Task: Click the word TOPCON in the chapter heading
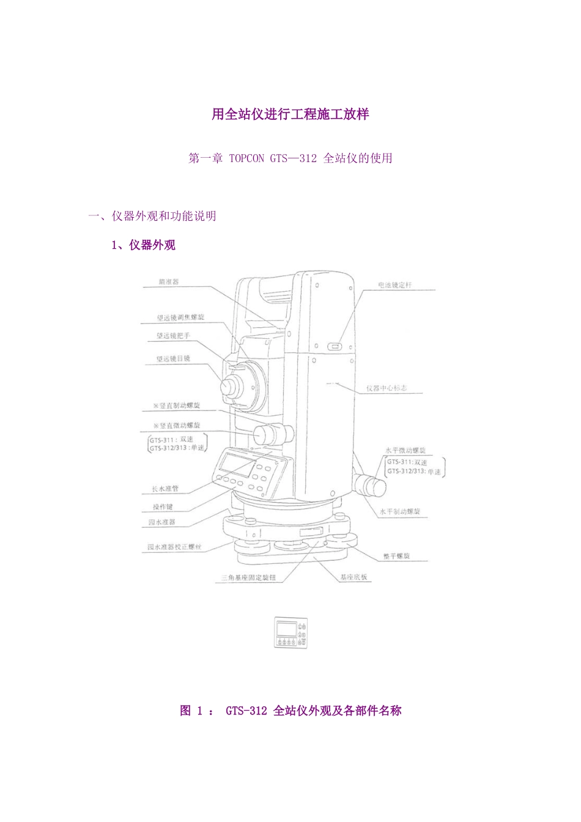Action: pos(246,158)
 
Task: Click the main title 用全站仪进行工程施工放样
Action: pos(290,114)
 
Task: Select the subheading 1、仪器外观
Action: pos(143,245)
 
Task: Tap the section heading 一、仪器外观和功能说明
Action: pos(152,216)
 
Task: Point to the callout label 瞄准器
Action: pos(169,282)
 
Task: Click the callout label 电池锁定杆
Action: pos(395,285)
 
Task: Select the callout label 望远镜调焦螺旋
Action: pos(180,317)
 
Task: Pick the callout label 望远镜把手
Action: pos(174,336)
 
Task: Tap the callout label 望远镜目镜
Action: pos(173,358)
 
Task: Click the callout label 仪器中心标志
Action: pos(387,388)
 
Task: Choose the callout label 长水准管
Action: pos(165,489)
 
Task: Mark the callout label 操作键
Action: pos(163,506)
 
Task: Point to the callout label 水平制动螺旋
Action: pos(400,511)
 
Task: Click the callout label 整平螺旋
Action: pos(396,556)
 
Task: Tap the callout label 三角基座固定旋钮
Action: pos(248,577)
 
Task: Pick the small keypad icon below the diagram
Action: pos(290,632)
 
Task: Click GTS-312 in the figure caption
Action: pos(246,711)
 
